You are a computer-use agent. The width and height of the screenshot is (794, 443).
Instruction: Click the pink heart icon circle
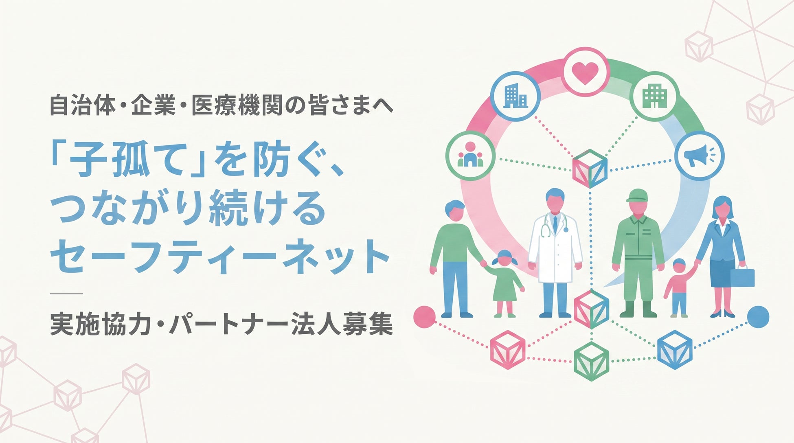coord(585,72)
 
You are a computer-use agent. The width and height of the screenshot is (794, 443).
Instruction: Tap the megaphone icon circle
coord(699,155)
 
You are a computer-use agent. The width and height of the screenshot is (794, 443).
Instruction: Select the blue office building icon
coord(515,97)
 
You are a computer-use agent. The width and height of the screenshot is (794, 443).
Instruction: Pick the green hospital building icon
coord(654,97)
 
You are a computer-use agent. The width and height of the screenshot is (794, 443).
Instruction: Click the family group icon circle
coord(470,156)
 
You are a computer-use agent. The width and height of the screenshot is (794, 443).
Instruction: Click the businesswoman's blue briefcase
coord(742,277)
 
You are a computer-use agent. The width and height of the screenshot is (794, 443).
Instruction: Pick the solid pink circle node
coord(424,317)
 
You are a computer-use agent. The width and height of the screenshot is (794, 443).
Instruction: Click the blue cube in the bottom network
coord(675,349)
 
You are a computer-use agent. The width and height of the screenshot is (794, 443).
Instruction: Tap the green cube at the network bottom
coord(591,361)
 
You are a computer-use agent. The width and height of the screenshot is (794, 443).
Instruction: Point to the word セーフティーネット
coord(219,256)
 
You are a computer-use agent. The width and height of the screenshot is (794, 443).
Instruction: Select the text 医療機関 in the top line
coord(237,105)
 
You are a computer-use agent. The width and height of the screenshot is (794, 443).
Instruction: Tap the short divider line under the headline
coord(66,293)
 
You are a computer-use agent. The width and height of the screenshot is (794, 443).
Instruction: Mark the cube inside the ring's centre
coord(590,169)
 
